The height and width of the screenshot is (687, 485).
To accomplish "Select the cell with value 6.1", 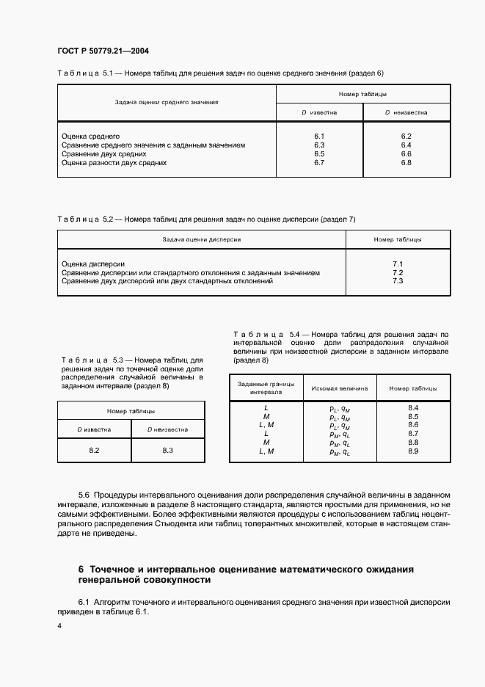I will point(319,137).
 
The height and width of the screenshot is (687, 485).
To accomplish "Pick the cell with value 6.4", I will point(406,145).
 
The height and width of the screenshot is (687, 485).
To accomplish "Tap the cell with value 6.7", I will point(319,163).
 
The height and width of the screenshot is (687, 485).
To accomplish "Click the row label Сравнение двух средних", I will point(103,154).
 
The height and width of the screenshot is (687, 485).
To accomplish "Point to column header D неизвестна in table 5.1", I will point(406,113).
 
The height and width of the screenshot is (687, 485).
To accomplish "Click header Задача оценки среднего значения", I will point(166,103).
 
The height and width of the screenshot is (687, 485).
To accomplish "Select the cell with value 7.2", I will point(398,272).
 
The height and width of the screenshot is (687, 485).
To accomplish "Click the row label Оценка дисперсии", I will point(93,263).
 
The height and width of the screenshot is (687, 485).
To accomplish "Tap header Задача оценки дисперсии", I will point(201,239).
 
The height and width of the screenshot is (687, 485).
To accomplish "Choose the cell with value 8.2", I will point(94,450).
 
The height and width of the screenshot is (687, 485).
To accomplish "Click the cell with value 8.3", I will point(167,450).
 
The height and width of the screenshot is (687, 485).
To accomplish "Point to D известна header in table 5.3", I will point(95,429).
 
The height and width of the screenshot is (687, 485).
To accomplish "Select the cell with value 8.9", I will point(412,451).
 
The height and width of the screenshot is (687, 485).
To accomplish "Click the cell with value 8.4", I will point(412,407).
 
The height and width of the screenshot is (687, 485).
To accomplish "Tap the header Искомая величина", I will point(340,388).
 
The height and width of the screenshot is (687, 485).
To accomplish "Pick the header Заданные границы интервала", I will point(266,388).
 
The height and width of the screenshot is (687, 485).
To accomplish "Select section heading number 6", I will point(81,569).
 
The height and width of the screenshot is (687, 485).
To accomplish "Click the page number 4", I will point(59,625).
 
